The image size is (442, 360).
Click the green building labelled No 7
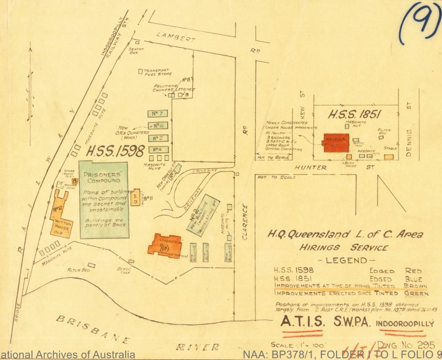coord(158,113)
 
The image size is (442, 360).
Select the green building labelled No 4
coord(158,149)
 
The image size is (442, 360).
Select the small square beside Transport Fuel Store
coord(140,71)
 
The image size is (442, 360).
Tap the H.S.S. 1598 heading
coord(115,151)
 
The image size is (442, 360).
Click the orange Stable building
coord(389,157)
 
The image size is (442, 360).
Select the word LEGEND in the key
coord(347,261)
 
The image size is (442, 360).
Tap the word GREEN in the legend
coord(416,293)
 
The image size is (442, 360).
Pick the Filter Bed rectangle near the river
coord(92,265)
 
